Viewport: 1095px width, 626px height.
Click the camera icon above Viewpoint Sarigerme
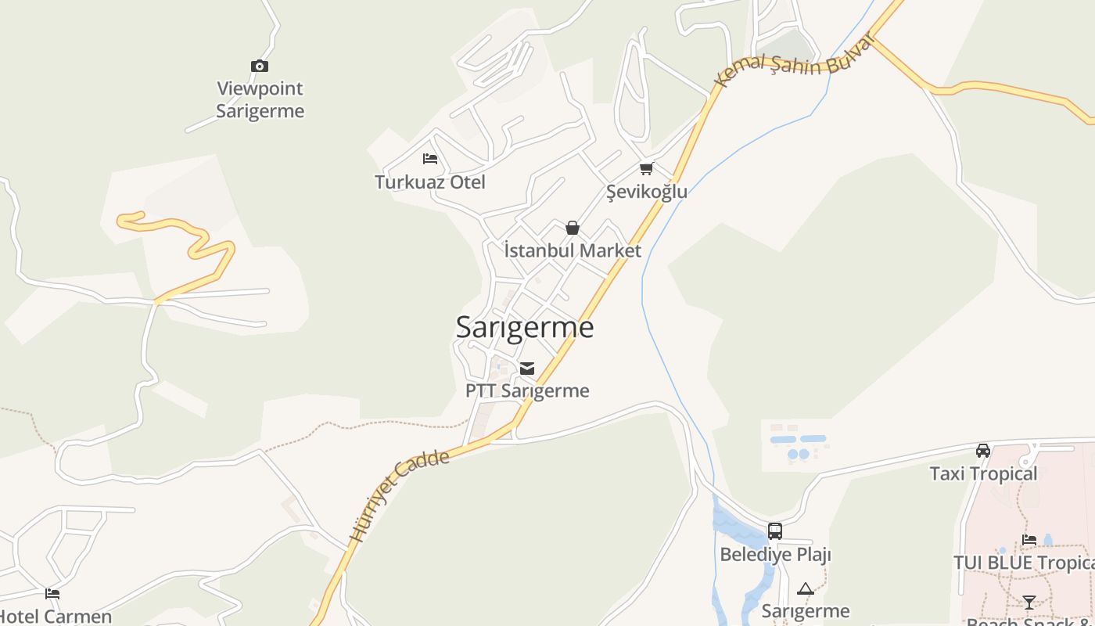pos(259,67)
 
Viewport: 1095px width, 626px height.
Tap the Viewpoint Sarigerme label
pos(260,99)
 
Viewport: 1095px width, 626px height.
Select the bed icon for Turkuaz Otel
pos(429,159)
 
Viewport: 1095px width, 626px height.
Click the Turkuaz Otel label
pos(429,182)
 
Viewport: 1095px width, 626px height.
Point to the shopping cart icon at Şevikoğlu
pos(646,168)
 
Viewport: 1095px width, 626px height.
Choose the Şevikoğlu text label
pos(647,192)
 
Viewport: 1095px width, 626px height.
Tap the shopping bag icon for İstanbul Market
pos(573,228)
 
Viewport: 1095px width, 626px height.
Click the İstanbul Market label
pos(573,250)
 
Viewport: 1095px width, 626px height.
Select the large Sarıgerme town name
pos(525,326)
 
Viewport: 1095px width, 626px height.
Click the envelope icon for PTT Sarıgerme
pos(527,368)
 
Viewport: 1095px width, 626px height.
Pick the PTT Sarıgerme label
pos(527,390)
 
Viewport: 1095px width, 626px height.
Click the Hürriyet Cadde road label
pos(400,495)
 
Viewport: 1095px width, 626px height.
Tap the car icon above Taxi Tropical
pos(983,450)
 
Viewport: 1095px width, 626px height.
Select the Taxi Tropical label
pos(983,473)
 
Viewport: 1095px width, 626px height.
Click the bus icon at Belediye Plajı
pos(774,531)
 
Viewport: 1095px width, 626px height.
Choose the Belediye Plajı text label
pos(775,555)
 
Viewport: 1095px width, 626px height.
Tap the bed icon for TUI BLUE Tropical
pos(1029,540)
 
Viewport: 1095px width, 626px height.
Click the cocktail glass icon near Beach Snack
pos(1029,602)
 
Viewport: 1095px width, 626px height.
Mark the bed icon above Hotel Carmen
pos(52,594)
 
